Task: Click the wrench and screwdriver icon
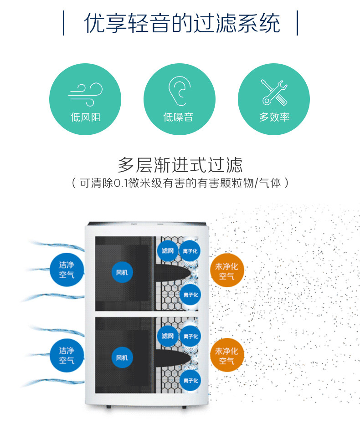(x=274, y=92)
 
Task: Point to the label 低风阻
(x=85, y=117)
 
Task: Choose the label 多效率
(x=274, y=117)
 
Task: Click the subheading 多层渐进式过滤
(x=180, y=164)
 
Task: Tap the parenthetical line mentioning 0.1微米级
(x=180, y=183)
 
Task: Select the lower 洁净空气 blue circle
(x=67, y=355)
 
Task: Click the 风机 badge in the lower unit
(x=122, y=357)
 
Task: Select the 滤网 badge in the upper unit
(x=168, y=250)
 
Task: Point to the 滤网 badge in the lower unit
(x=168, y=336)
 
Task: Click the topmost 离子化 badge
(x=190, y=251)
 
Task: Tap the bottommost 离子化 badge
(x=190, y=380)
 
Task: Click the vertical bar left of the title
(x=63, y=24)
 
